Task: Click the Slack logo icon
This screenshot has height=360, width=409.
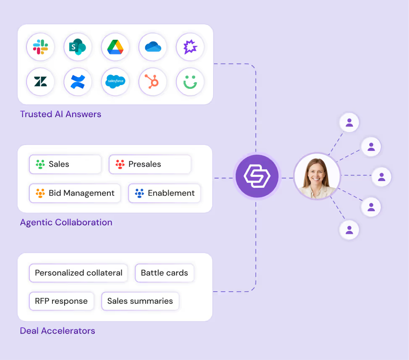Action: point(40,47)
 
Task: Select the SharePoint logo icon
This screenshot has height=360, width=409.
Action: point(78,47)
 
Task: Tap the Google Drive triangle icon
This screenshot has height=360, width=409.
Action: point(115,47)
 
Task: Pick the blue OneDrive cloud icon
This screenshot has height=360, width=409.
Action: point(153,47)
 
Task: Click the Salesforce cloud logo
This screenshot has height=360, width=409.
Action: point(115,81)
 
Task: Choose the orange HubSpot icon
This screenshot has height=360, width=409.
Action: point(153,81)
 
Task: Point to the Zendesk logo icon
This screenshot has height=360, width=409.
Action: point(40,81)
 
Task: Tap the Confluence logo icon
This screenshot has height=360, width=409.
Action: point(78,81)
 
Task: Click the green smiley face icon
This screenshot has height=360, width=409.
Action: point(190,81)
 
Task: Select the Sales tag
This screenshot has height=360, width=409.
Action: point(65,164)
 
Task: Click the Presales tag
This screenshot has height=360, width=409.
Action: point(150,164)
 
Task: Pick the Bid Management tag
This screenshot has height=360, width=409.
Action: point(75,193)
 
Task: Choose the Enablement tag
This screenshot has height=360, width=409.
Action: point(164,193)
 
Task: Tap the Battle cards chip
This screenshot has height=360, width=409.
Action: point(164,273)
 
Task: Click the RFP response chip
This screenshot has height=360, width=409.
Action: point(61,301)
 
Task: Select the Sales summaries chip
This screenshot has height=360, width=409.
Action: point(140,301)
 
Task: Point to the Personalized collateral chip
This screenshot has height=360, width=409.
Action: point(78,273)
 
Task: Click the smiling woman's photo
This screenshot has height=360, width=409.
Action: point(317,177)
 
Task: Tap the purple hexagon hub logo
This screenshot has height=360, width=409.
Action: point(256,177)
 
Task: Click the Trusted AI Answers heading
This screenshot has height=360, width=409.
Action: point(60,114)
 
